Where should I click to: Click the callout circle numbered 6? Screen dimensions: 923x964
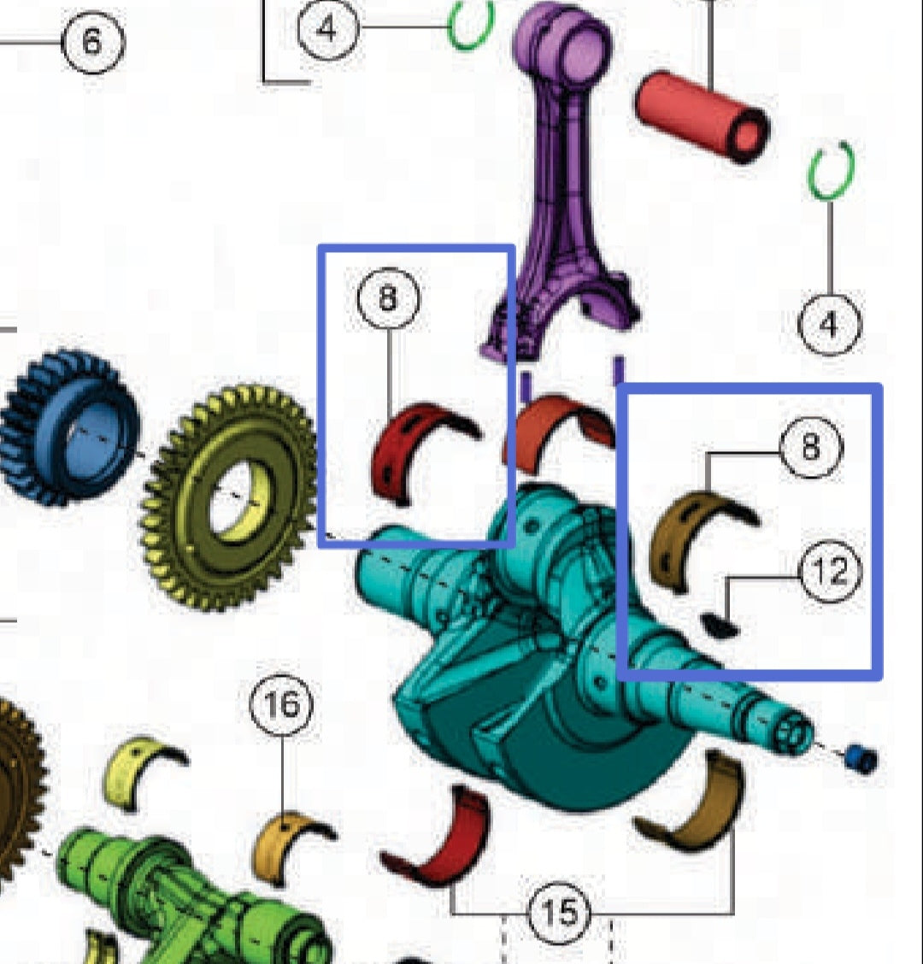point(93,42)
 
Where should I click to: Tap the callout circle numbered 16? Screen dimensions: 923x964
point(282,704)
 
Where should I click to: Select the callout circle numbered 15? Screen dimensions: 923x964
point(560,913)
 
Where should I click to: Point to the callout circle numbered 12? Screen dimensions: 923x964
point(830,571)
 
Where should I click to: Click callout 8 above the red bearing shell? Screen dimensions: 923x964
point(388,297)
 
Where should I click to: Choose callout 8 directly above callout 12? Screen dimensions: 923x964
point(810,446)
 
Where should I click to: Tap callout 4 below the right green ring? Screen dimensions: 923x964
point(830,325)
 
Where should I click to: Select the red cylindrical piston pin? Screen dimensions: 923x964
point(701,117)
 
